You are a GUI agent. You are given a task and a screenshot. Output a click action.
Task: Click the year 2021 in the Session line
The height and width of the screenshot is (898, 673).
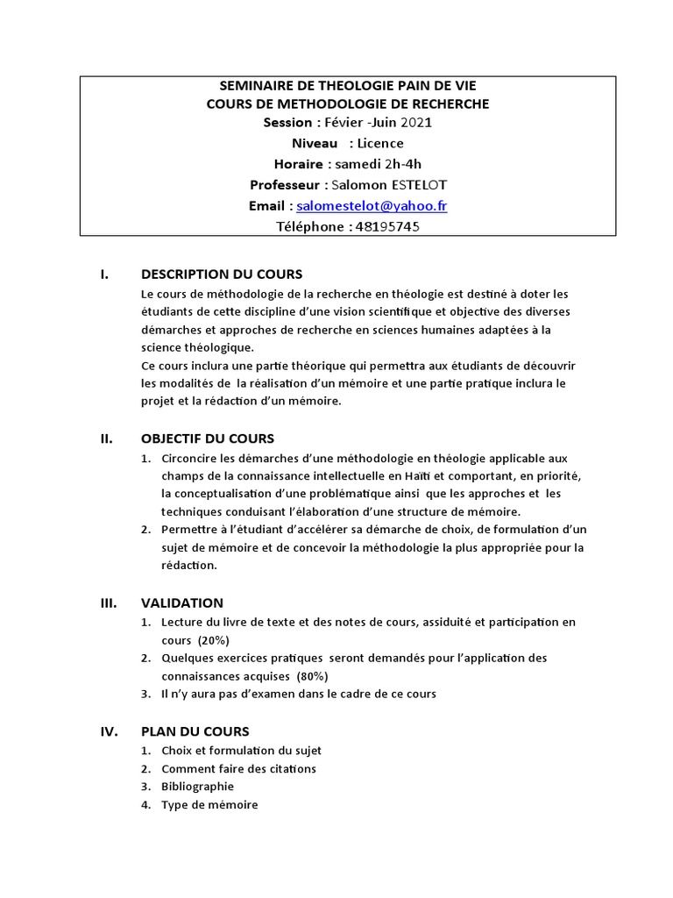click(415, 122)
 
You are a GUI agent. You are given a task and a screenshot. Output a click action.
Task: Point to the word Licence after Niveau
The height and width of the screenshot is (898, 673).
click(381, 143)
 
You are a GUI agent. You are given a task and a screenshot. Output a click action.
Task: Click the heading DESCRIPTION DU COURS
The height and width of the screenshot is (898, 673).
click(221, 274)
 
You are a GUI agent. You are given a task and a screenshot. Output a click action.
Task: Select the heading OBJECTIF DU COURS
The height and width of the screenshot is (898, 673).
click(207, 438)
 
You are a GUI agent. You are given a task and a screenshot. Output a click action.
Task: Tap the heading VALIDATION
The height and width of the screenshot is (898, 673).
click(181, 602)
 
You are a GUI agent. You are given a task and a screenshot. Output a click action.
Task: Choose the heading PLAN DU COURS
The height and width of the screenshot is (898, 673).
click(195, 731)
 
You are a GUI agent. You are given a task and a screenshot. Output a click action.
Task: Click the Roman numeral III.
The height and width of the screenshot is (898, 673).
click(109, 602)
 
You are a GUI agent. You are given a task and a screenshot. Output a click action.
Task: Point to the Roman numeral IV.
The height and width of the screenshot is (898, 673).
click(109, 731)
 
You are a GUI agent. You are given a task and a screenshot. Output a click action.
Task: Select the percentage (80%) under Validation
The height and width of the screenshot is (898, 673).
click(312, 676)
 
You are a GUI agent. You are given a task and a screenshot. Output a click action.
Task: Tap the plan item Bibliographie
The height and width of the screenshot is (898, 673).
click(197, 787)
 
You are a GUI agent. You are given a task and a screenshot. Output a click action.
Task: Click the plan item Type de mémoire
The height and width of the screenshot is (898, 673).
click(209, 804)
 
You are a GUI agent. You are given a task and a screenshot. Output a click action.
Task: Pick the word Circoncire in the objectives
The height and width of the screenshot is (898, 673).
click(188, 458)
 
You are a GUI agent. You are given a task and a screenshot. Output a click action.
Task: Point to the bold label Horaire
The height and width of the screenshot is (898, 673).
click(299, 163)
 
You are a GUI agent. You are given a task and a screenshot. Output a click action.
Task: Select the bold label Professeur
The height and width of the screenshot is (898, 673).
click(285, 184)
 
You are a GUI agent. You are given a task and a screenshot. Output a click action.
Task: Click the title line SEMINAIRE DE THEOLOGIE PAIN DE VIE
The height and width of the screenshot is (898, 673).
click(348, 86)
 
